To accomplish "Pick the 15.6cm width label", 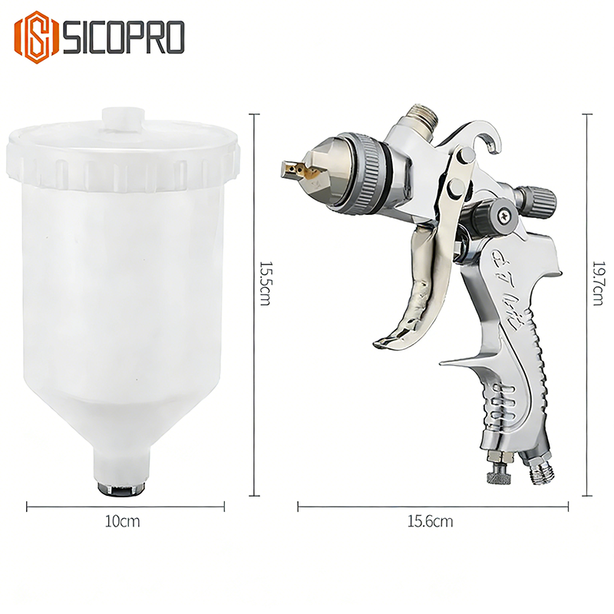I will (x=430, y=522).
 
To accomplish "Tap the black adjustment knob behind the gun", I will (x=536, y=200).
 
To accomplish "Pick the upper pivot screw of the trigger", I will (x=465, y=157).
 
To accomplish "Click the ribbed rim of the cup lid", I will (x=124, y=164).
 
